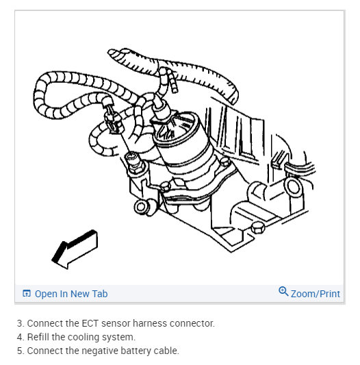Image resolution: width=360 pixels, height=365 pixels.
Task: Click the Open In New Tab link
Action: pos(71,294)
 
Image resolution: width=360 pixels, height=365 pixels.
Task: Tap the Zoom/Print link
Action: pos(316,294)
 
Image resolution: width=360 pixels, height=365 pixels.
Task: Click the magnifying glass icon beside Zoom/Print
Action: pos(283,291)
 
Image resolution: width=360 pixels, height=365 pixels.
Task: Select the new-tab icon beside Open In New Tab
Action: pos(27,293)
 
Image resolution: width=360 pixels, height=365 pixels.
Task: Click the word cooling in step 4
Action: pos(80,338)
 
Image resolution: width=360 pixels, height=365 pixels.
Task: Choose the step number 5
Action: pos(21,351)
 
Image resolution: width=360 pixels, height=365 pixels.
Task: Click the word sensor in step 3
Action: pos(116,323)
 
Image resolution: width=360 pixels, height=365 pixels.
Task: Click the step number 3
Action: pos(21,323)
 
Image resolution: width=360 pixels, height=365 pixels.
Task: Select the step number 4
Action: pos(21,338)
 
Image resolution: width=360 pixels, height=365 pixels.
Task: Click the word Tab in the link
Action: pos(100,294)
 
